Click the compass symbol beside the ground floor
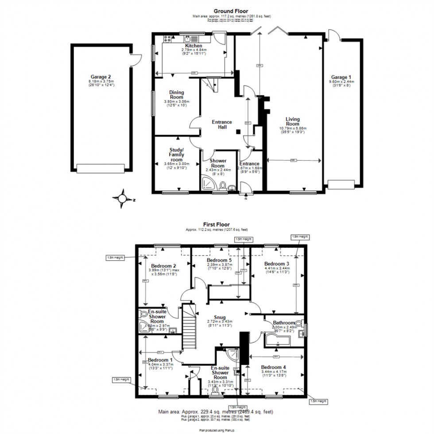[x=123, y=199]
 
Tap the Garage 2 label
[x=102, y=77]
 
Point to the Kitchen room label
[x=194, y=46]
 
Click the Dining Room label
[x=176, y=95]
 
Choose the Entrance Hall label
[x=222, y=124]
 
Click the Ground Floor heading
[x=231, y=11]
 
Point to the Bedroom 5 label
[x=217, y=260]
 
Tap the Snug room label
[x=219, y=317]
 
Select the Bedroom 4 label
[x=274, y=367]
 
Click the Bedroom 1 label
[x=160, y=360]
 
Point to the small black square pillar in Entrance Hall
[x=238, y=131]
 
